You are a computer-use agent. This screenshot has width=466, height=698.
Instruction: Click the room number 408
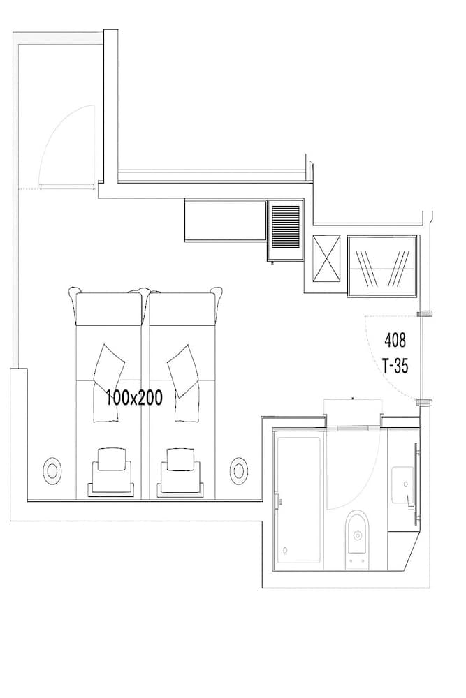(x=395, y=341)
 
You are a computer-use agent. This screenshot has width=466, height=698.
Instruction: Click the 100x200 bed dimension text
(x=133, y=398)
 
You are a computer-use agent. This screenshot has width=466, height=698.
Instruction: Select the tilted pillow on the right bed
(x=182, y=369)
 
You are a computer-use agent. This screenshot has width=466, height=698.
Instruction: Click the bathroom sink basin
(x=403, y=483)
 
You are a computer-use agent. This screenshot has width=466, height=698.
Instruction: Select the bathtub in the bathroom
(x=298, y=499)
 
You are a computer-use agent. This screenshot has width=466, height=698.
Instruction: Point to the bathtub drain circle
(x=284, y=551)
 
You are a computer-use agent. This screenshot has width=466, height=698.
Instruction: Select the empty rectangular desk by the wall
(x=226, y=220)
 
